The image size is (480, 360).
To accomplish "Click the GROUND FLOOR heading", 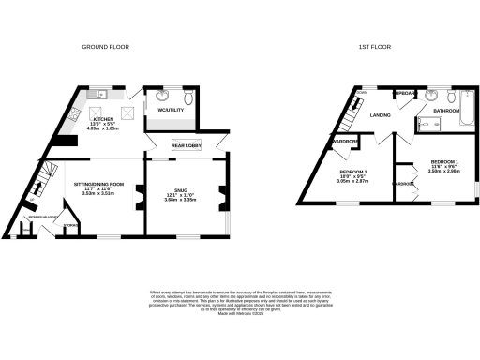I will (105, 46).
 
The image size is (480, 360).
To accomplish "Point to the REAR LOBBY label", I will (184, 145).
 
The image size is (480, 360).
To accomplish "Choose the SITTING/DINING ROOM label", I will (103, 184).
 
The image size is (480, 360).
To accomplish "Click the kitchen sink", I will (97, 95).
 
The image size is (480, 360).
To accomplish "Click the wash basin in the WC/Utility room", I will (155, 95).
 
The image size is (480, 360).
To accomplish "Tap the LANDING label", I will (381, 114).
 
